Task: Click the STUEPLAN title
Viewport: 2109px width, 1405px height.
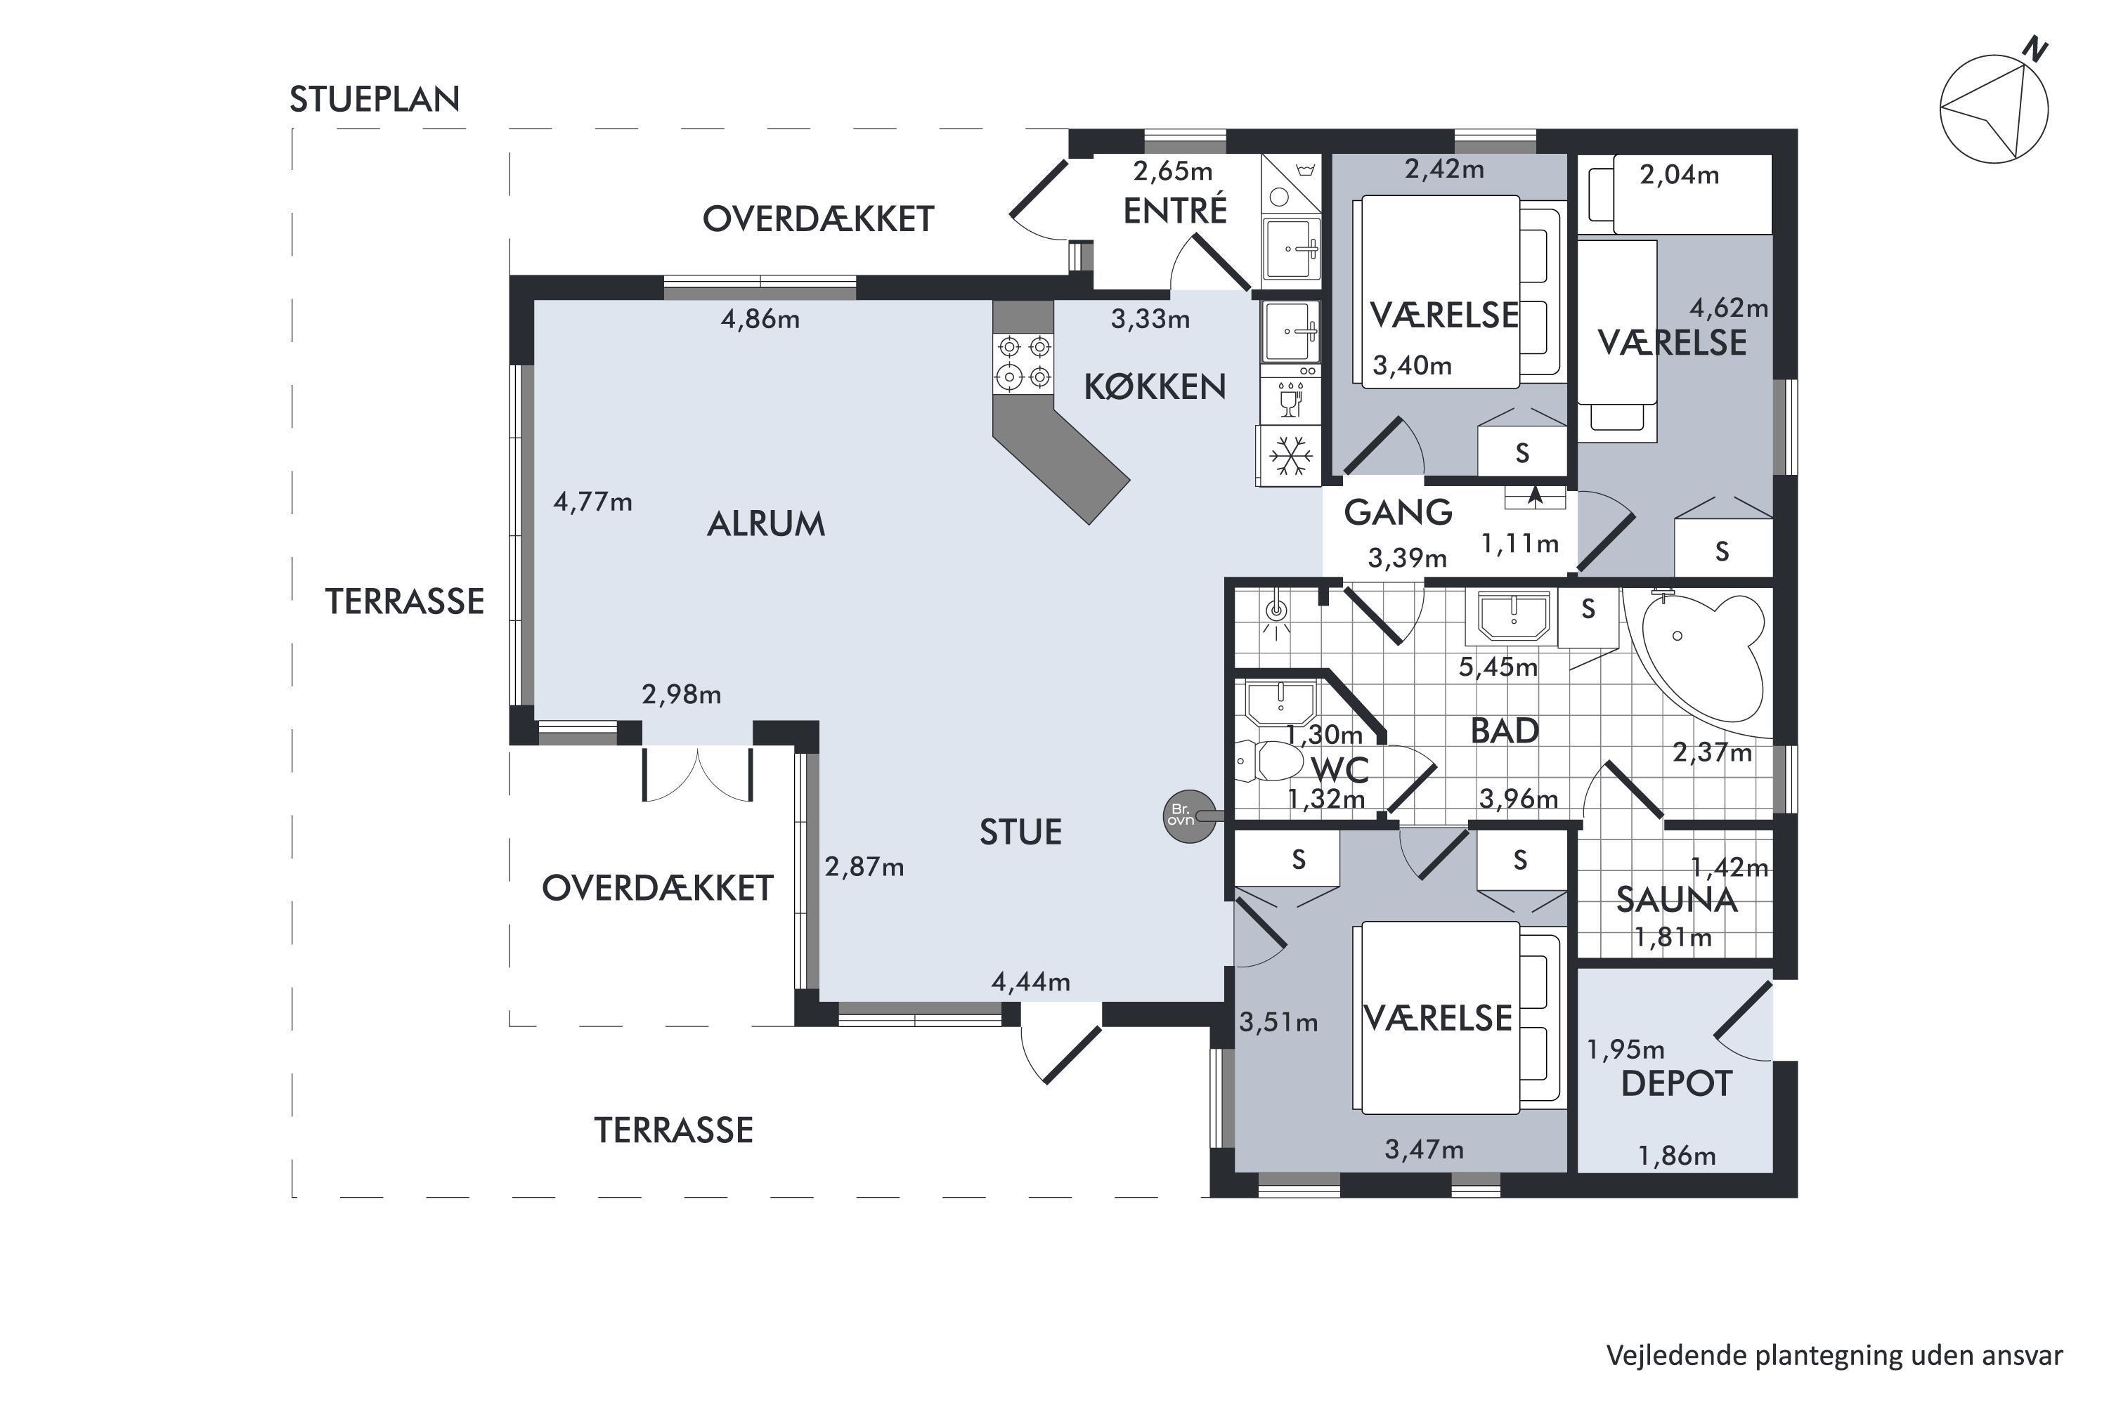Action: [x=375, y=98]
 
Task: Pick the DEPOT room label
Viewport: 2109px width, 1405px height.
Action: [x=1676, y=1084]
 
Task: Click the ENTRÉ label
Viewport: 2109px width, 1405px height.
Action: [x=1175, y=211]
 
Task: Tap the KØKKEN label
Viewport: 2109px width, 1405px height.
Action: [x=1155, y=387]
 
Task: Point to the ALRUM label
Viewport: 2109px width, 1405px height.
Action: [x=765, y=524]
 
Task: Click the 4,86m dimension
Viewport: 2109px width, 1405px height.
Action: [x=760, y=319]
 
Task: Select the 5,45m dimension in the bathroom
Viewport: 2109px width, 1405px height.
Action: [x=1498, y=667]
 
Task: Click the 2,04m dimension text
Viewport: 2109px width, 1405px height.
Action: [x=1680, y=175]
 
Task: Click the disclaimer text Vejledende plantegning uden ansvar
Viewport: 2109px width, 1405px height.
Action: [x=1834, y=1356]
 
